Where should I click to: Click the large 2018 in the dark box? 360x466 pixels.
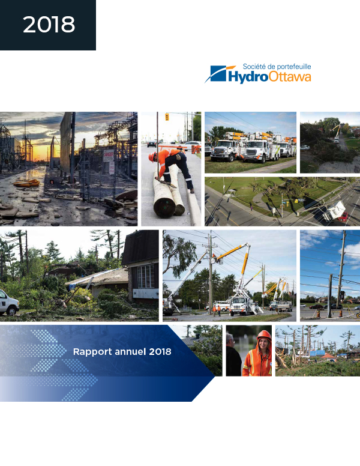coord(49,25)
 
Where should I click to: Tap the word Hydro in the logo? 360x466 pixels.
coord(248,77)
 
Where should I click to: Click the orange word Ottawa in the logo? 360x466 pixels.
coord(290,76)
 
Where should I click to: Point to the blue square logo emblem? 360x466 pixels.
coord(218,73)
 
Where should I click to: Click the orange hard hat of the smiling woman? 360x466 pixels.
coord(264,335)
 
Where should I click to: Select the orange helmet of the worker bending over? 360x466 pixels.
coord(152,157)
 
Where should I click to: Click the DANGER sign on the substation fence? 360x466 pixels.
coord(108,156)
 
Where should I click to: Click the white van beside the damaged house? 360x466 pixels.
coord(9,303)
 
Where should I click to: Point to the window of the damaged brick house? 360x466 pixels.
coord(146,276)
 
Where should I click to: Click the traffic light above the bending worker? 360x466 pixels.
coord(167,116)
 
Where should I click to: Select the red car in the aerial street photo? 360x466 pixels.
coord(343,216)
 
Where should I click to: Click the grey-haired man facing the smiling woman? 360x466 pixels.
coord(233,355)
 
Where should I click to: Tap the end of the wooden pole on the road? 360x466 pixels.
coord(165,207)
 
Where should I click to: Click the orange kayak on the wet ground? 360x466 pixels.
coord(26,183)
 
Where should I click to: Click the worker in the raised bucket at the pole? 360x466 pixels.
coord(214,257)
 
